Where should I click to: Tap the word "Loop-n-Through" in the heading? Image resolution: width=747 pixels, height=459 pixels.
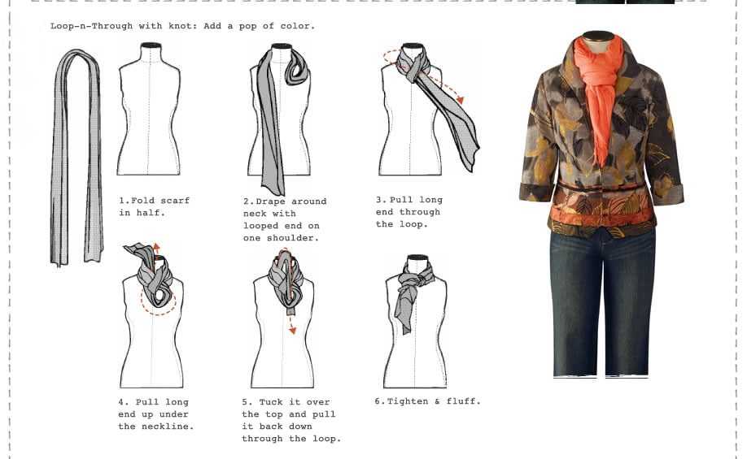(91, 26)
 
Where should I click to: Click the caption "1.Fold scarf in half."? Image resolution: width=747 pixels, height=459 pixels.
(154, 206)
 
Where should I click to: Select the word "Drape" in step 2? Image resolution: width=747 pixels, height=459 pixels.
(271, 201)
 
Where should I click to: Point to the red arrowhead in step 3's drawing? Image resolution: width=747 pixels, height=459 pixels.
(460, 99)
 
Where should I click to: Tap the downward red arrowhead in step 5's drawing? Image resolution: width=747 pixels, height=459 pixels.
(292, 330)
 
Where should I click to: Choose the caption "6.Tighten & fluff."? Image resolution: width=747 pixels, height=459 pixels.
(427, 401)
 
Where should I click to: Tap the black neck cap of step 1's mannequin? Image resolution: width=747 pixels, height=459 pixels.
(151, 45)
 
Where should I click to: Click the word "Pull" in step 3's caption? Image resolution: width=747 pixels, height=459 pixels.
(401, 200)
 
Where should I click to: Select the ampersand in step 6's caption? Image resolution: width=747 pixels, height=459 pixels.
(437, 401)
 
